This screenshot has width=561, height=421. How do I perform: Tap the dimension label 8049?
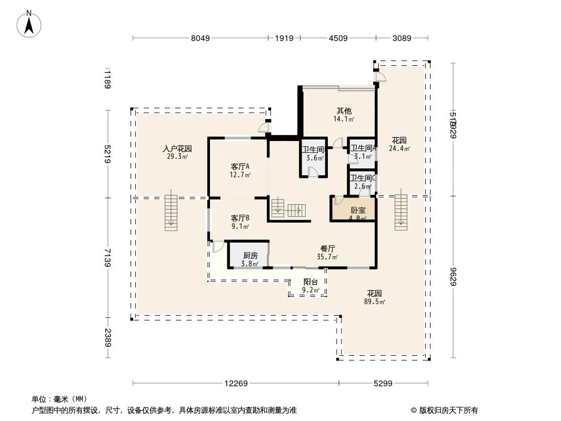[x=201, y=38]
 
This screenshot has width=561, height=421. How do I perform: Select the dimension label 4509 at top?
[x=338, y=38]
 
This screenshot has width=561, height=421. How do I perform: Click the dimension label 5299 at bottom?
[x=383, y=384]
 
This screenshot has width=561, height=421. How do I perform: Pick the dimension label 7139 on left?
[x=108, y=258]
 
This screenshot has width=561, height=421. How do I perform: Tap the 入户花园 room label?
[x=177, y=149]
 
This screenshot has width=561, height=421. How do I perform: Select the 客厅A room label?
[x=240, y=167]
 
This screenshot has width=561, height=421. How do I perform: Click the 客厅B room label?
[x=240, y=218]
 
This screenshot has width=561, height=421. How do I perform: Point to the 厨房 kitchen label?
[x=250, y=256]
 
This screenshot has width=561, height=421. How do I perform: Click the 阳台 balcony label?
[x=310, y=282]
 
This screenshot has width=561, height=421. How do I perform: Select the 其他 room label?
[x=344, y=111]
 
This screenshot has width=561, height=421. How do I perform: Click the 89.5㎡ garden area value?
[x=375, y=302]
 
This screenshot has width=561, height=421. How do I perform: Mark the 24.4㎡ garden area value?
[x=399, y=148]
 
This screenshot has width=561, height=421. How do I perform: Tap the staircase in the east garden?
[x=401, y=212]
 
